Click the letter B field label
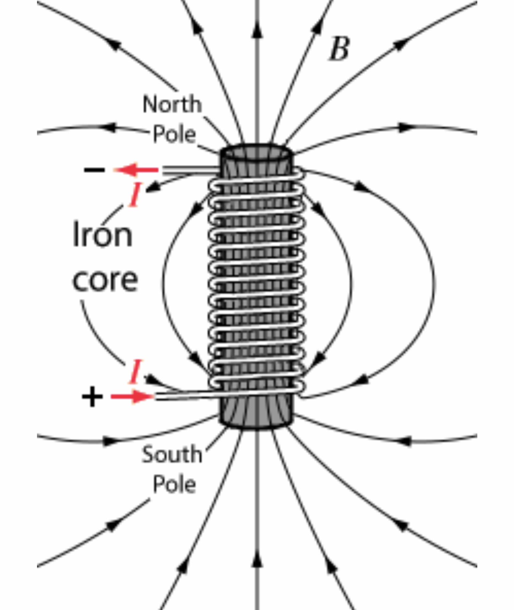point(340,49)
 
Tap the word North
point(172,104)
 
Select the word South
point(172,455)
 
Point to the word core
point(105,280)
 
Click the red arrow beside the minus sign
point(136,170)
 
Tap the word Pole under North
point(174,134)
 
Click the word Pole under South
point(174,484)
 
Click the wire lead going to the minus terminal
point(191,170)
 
